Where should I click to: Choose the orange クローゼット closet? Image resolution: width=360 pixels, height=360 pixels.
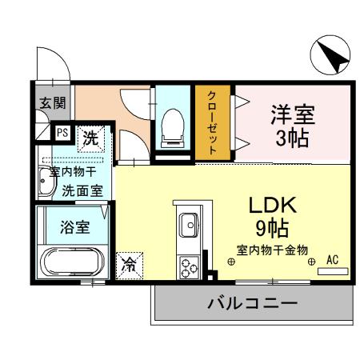213,123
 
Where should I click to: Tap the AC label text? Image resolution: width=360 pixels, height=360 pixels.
332,260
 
